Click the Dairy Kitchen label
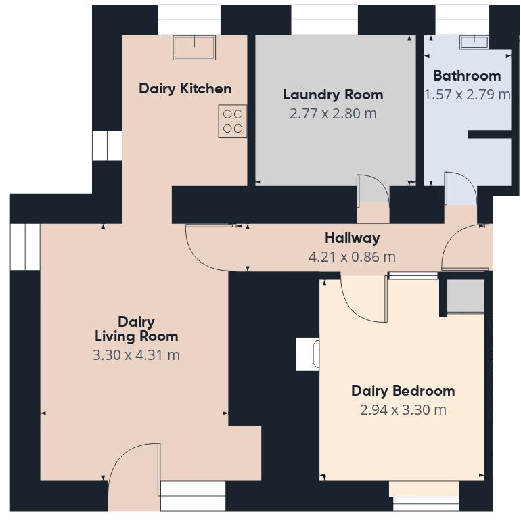point(185,88)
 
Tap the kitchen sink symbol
point(194,47)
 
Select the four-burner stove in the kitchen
point(232,121)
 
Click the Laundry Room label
point(333,94)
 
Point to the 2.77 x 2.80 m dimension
point(333,113)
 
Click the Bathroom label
point(467,75)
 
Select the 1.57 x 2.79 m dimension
point(467,94)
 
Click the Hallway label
point(352,237)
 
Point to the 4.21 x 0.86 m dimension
point(352,256)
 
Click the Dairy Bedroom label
point(403,390)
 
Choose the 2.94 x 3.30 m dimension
point(403,409)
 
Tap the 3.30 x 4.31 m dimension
point(136,355)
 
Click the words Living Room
point(136,336)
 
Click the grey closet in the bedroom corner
point(466,296)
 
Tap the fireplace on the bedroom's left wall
point(309,354)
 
